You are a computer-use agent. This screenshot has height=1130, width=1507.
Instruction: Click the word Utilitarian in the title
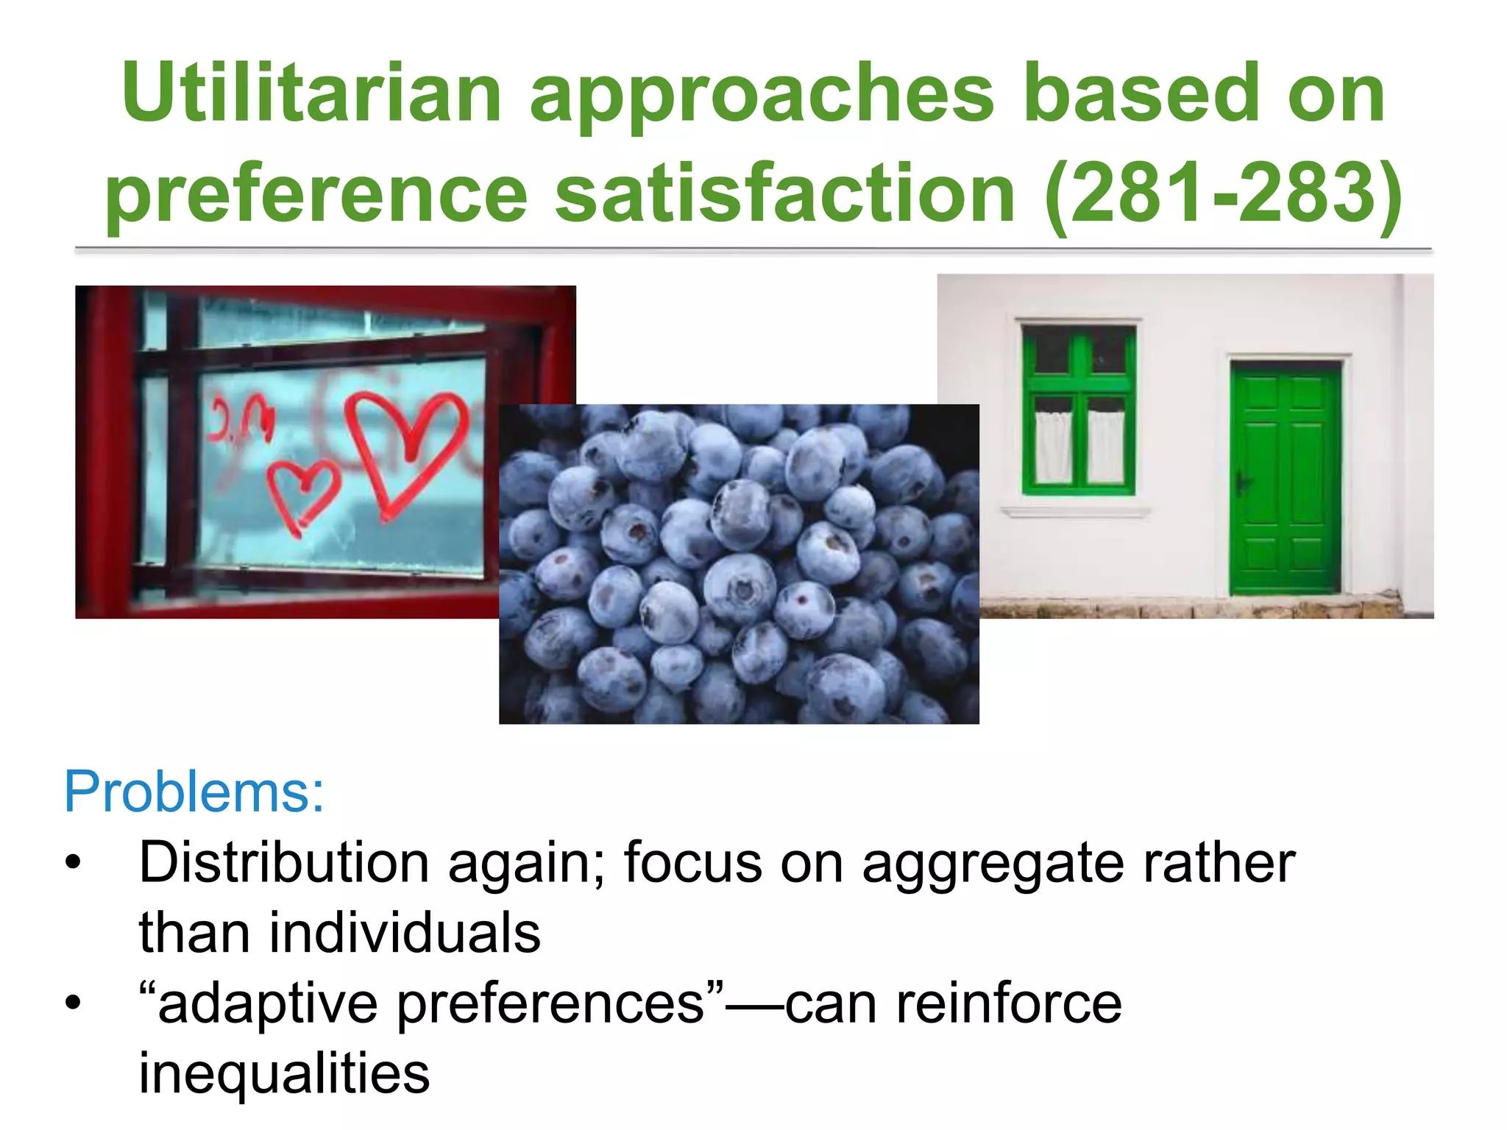click(312, 93)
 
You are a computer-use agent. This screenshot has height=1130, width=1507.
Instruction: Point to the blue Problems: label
click(194, 792)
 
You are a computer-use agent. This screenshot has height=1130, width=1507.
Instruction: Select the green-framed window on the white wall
click(1078, 410)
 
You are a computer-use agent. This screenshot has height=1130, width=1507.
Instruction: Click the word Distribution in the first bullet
click(284, 862)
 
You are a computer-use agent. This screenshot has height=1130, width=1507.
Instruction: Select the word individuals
click(405, 933)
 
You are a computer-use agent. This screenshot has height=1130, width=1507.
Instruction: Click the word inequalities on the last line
click(284, 1074)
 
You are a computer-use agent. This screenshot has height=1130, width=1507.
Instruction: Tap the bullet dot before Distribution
click(72, 862)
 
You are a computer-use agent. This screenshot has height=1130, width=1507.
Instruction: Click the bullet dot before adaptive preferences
click(72, 1003)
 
